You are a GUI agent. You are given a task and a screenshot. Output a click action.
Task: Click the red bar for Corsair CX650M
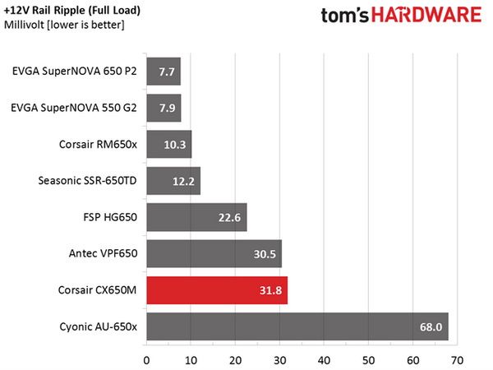point(217,290)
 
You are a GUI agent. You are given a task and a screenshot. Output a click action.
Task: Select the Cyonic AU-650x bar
point(297,326)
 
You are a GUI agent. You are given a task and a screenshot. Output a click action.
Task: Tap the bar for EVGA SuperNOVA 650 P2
point(164,72)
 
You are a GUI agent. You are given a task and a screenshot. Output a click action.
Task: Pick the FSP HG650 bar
point(197,217)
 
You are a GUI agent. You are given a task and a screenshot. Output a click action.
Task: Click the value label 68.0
point(431,327)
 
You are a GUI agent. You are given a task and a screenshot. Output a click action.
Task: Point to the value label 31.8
point(270,290)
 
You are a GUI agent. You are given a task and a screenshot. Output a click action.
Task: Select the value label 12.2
point(183,181)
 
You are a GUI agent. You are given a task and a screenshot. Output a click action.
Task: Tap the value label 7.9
point(167,109)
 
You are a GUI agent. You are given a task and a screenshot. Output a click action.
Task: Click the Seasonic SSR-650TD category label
point(87,181)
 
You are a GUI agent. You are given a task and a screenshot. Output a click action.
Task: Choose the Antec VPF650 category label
point(104,253)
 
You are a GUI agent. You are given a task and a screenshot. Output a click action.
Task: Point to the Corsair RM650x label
point(98,145)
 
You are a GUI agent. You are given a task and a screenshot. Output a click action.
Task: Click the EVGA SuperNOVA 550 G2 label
point(74,108)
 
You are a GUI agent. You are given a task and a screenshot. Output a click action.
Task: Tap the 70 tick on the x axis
point(457,361)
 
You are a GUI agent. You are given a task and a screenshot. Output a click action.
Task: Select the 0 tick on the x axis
point(146,361)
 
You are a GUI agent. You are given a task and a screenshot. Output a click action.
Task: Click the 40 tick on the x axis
point(324,361)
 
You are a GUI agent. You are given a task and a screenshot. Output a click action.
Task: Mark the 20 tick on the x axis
point(235,361)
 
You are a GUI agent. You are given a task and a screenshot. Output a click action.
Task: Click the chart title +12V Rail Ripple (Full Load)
point(72,11)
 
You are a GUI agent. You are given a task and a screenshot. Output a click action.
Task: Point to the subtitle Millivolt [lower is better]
point(64,25)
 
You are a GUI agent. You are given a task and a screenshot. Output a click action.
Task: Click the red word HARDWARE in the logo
point(426,15)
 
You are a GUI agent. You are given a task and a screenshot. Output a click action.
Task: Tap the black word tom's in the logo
point(344,15)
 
